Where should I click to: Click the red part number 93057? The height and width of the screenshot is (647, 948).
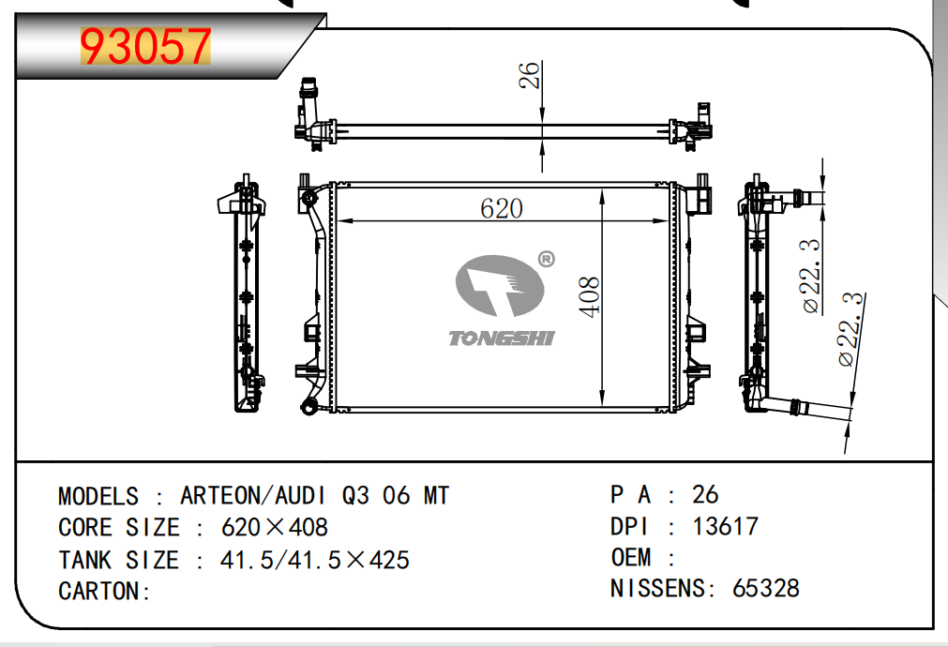pyautogui.click(x=145, y=47)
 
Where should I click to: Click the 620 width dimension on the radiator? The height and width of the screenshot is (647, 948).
pyautogui.click(x=502, y=208)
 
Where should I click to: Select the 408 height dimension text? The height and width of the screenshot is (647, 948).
pyautogui.click(x=589, y=297)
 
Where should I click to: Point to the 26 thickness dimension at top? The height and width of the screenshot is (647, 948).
pyautogui.click(x=529, y=75)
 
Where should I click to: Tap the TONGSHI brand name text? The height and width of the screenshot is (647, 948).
pyautogui.click(x=502, y=338)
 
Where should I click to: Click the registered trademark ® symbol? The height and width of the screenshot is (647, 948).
pyautogui.click(x=546, y=260)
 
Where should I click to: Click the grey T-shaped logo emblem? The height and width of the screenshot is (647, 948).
pyautogui.click(x=500, y=285)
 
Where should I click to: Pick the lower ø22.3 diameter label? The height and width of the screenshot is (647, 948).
pyautogui.click(x=851, y=329)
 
